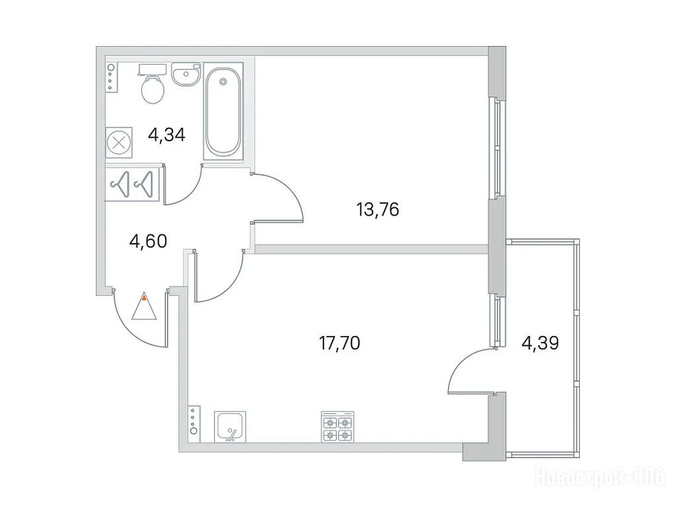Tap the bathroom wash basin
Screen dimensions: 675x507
tap(186, 74)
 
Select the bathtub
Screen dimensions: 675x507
tap(223, 112)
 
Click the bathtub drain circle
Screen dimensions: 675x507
tap(223, 81)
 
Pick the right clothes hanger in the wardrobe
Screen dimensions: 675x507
tap(144, 184)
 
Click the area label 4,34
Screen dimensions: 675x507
tap(166, 135)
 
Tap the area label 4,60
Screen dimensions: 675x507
tap(148, 241)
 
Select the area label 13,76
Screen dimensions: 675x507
tap(378, 210)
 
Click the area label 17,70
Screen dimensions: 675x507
tap(339, 343)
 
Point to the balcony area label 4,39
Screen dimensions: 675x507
tap(540, 343)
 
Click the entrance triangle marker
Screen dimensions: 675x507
tap(144, 306)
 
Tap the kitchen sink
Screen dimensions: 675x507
tap(230, 426)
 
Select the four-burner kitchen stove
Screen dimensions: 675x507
tap(338, 426)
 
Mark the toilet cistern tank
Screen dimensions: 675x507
tap(153, 69)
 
